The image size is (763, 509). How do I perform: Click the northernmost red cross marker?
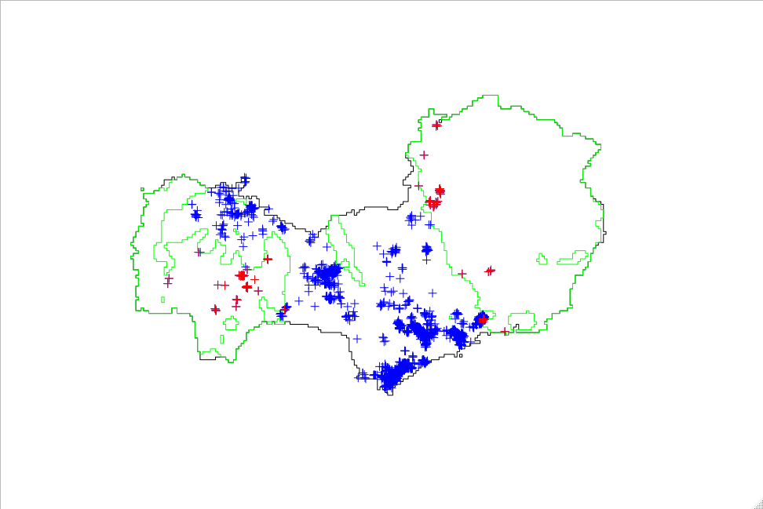click(x=436, y=124)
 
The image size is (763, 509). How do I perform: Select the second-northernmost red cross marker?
click(x=424, y=155)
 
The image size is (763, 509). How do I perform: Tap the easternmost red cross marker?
click(x=504, y=331)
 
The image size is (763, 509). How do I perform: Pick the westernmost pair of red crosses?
click(x=168, y=280)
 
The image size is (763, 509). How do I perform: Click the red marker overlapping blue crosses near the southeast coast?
click(x=482, y=319)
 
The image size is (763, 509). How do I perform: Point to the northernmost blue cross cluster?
click(x=245, y=180)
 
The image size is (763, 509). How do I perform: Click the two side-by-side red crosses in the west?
click(x=221, y=285)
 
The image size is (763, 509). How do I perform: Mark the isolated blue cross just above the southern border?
click(x=357, y=339)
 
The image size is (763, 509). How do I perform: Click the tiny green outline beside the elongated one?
click(x=541, y=258)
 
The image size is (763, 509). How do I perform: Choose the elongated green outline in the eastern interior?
click(x=573, y=256)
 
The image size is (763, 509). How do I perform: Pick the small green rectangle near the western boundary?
click(x=162, y=300)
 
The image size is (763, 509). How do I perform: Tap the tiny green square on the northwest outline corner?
click(x=142, y=189)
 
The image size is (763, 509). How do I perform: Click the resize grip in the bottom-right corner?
click(x=756, y=503)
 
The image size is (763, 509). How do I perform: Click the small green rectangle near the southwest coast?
click(x=221, y=339)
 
